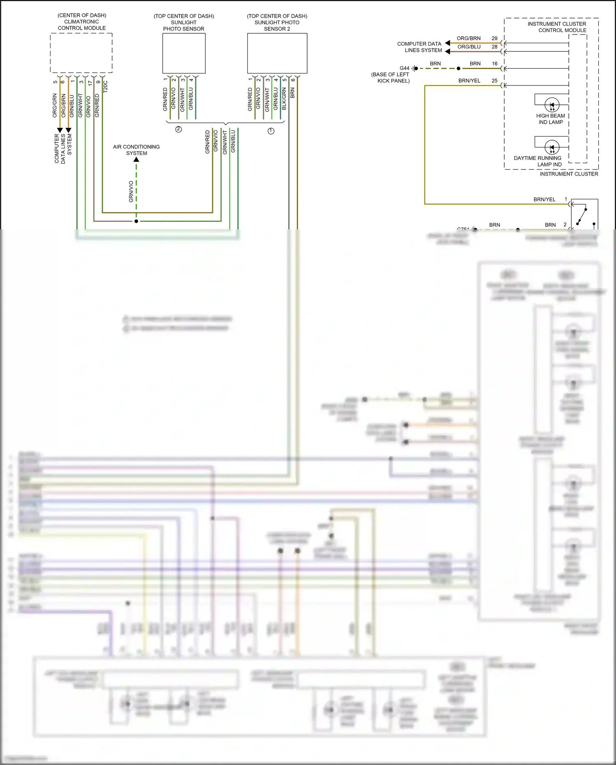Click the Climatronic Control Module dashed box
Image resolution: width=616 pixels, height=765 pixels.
tap(81, 53)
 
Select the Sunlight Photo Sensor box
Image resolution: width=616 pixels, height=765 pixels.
tap(184, 53)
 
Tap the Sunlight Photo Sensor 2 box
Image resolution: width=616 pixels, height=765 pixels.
tap(277, 53)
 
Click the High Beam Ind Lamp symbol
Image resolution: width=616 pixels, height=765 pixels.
tap(552, 105)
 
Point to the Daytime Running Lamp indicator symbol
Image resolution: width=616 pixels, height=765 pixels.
tap(552, 147)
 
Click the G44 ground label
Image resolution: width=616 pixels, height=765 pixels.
tap(405, 68)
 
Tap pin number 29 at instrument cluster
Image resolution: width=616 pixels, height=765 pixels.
tap(494, 38)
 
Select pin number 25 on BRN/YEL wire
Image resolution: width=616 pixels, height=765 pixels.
tap(494, 81)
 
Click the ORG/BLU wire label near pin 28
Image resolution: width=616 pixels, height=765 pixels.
tap(469, 47)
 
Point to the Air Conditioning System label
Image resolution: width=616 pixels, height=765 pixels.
tap(136, 150)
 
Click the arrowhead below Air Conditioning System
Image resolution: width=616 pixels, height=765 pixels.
tap(136, 159)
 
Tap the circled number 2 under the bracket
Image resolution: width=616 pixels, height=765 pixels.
tap(179, 129)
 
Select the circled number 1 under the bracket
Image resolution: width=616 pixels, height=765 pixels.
tap(271, 131)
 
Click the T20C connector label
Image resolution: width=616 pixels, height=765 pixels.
tap(106, 86)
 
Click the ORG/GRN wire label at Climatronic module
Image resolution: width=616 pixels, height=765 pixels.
tap(55, 106)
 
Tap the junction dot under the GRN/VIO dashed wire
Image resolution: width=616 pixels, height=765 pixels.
tap(136, 221)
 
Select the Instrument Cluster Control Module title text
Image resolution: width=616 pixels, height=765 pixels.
tap(557, 27)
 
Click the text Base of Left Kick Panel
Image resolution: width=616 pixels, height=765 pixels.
tap(391, 78)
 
